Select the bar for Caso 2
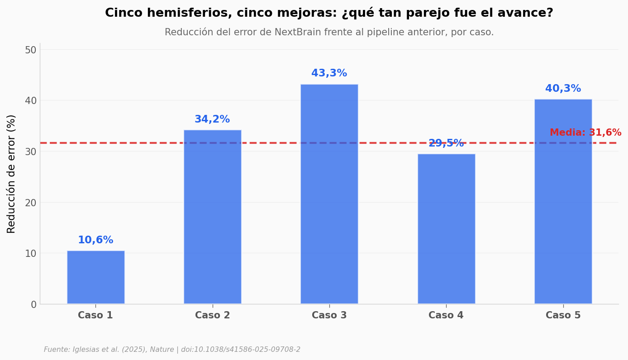pyautogui.click(x=212, y=217)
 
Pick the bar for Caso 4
pyautogui.click(x=446, y=228)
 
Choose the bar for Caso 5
pyautogui.click(x=563, y=201)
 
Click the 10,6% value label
pyautogui.click(x=95, y=240)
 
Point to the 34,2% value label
pyautogui.click(x=212, y=119)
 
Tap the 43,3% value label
pyautogui.click(x=329, y=73)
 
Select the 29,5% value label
pyautogui.click(x=446, y=143)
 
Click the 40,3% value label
pyautogui.click(x=563, y=89)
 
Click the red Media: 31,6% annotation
pyautogui.click(x=585, y=133)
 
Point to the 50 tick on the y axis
pyautogui.click(x=30, y=50)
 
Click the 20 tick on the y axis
pyautogui.click(x=30, y=203)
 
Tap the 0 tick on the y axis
pyautogui.click(x=33, y=304)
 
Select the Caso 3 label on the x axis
pyautogui.click(x=329, y=316)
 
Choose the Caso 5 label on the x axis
pyautogui.click(x=563, y=316)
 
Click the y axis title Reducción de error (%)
pyautogui.click(x=11, y=174)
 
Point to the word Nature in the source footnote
pyautogui.click(x=162, y=350)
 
